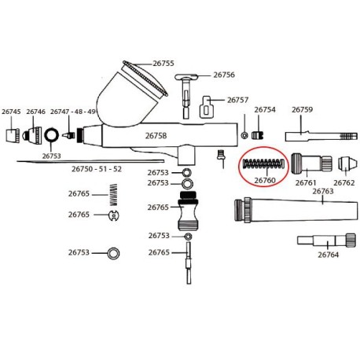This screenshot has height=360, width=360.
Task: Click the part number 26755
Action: pos(163,64)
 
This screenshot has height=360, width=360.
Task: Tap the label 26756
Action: pos(224,75)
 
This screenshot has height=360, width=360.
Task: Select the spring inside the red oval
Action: pos(263,163)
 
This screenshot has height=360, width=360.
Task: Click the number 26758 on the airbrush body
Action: pos(156,136)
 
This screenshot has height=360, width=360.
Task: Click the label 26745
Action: pos(11,112)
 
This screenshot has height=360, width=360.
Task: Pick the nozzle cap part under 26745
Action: pos(13,135)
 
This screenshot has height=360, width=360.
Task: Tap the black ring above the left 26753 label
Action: pos(51,135)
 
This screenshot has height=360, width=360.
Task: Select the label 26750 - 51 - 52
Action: pos(97,169)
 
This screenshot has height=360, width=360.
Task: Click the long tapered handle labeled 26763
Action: pos(296,211)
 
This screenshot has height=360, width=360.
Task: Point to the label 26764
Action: pos(329,255)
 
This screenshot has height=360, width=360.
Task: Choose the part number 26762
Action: pos(344,182)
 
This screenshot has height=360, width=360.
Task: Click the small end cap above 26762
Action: pos(347,163)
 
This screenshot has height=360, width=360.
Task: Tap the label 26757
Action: pos(237,100)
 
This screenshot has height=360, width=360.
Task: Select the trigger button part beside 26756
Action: pos(186,96)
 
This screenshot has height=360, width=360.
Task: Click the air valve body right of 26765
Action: pos(188,211)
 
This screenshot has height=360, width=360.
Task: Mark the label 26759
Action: pos(303,109)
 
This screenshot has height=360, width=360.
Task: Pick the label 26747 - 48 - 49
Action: pos(73,112)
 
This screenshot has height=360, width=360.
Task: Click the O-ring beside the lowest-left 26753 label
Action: pos(113,253)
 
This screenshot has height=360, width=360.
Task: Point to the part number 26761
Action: pos(306,182)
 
